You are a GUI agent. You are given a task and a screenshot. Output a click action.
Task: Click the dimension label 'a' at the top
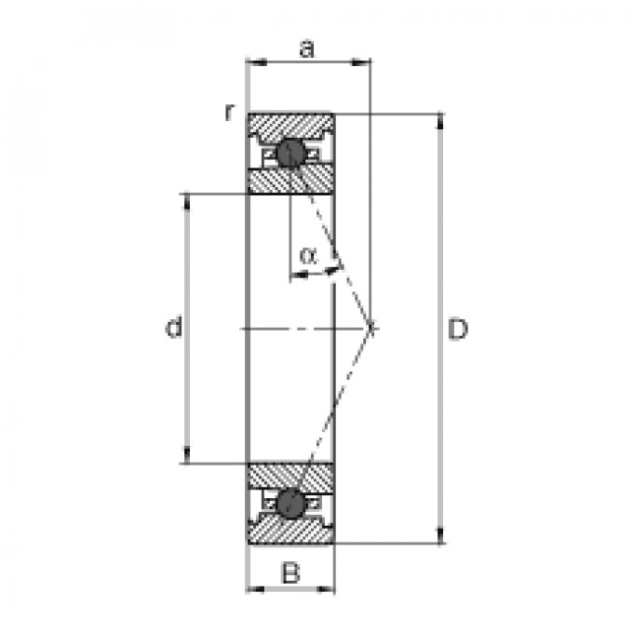(305, 48)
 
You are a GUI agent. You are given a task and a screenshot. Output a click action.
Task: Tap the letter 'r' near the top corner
(228, 112)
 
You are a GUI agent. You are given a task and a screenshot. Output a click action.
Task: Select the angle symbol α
(308, 254)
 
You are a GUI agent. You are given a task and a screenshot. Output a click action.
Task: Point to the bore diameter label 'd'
(173, 328)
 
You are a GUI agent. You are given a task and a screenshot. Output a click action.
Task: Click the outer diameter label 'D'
(456, 330)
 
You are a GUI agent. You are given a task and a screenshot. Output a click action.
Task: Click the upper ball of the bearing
(290, 153)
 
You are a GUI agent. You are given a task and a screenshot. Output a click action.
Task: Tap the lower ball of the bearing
(290, 504)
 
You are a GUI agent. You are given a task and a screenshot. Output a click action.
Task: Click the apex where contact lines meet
(371, 328)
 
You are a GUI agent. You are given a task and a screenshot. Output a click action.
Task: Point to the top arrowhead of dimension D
(440, 120)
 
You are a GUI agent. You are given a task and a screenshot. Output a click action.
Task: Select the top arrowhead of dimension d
(190, 199)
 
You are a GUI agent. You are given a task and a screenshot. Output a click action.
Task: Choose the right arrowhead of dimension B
(328, 588)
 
